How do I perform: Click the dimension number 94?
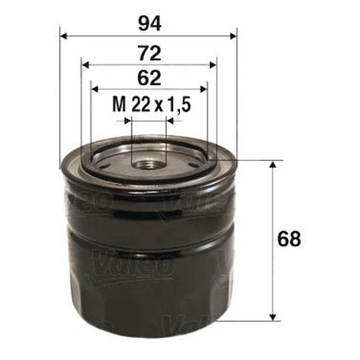pyautogui.click(x=150, y=25)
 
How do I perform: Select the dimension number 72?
pyautogui.click(x=149, y=54)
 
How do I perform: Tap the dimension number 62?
pyautogui.click(x=149, y=78)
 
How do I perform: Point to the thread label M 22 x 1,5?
pyautogui.click(x=152, y=104)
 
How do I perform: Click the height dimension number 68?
pyautogui.click(x=289, y=239)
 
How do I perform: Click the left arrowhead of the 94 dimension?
pyautogui.click(x=64, y=36)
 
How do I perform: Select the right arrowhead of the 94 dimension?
pyautogui.click(x=234, y=36)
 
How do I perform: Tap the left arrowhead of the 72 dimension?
pyautogui.click(x=86, y=65)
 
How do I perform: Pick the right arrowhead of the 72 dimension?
pyautogui.click(x=212, y=65)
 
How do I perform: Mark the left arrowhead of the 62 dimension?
pyautogui.click(x=95, y=89)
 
